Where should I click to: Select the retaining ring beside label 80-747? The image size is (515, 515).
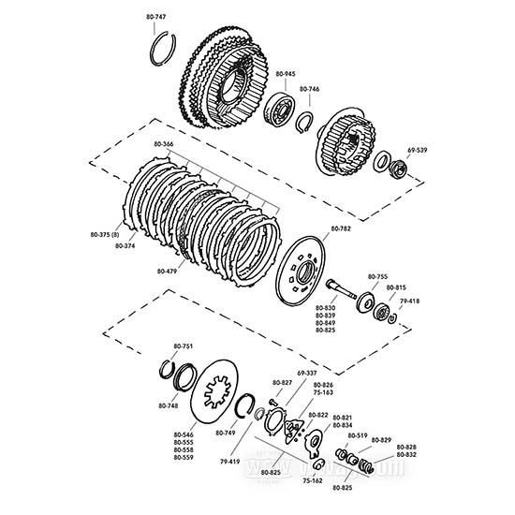(x=163, y=50)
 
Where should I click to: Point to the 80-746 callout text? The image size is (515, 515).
(x=309, y=89)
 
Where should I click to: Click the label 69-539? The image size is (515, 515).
(x=417, y=149)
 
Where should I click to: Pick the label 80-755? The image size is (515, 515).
(x=377, y=277)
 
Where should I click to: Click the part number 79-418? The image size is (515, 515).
(x=410, y=302)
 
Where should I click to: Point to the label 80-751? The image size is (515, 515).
(x=183, y=347)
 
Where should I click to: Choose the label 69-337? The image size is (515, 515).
(x=307, y=374)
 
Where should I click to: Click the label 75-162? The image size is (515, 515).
(x=313, y=480)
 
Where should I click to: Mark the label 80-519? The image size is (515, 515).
(x=358, y=435)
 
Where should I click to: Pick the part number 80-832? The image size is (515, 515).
(x=406, y=455)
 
